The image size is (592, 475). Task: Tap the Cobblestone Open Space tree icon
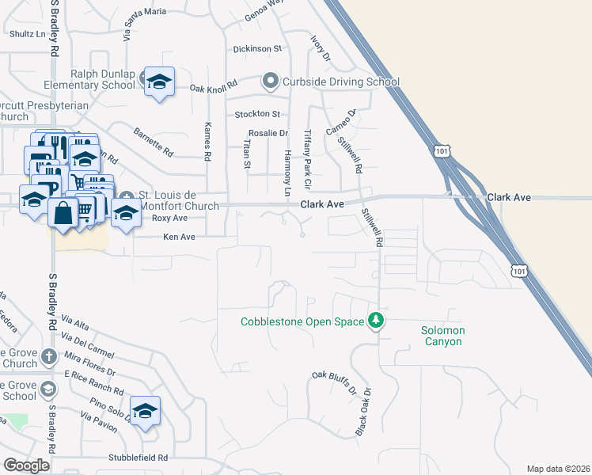[x=377, y=321]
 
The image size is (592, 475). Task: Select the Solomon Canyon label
[x=442, y=336]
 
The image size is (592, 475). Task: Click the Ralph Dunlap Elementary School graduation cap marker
[x=159, y=82]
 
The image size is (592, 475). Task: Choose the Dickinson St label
[x=257, y=49]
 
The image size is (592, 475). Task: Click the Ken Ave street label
[x=179, y=237]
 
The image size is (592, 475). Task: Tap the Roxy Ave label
[x=169, y=218]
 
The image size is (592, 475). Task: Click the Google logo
[x=26, y=465]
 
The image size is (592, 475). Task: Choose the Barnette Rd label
[x=153, y=142]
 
